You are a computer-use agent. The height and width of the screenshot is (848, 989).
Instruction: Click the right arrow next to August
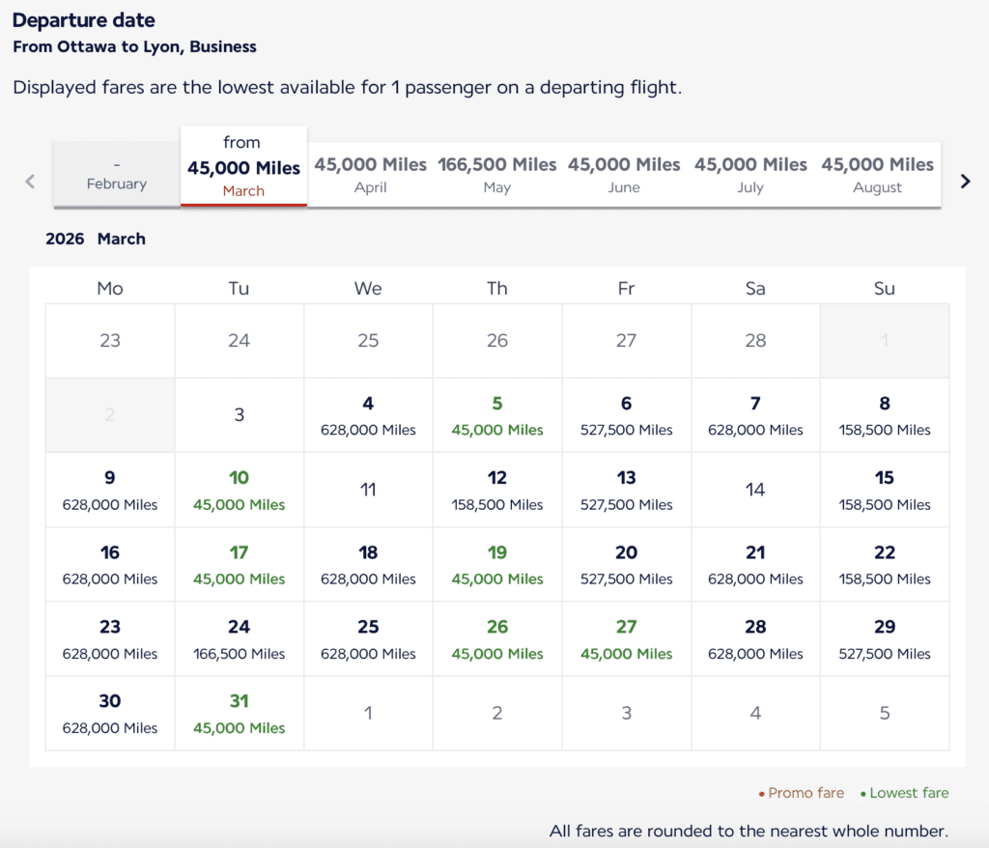click(965, 181)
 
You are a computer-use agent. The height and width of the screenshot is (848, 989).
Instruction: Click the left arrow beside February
click(30, 181)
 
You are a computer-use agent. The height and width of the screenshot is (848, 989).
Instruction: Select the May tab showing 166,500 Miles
click(497, 175)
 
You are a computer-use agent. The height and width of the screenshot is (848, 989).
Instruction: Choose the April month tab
click(371, 175)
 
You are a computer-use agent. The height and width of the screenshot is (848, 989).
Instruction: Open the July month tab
click(750, 175)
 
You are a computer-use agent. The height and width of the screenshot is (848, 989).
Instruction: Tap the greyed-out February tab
click(117, 175)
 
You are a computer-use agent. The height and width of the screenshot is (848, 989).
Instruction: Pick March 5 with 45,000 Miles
click(497, 415)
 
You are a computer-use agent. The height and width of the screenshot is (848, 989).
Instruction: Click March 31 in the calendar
click(240, 713)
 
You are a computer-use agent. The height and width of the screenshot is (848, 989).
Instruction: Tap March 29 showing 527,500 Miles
click(885, 638)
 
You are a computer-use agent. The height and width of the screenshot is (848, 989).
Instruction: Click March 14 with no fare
click(755, 490)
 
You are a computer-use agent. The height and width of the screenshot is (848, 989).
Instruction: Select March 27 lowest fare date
click(627, 638)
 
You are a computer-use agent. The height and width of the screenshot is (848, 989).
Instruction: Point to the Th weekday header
click(497, 288)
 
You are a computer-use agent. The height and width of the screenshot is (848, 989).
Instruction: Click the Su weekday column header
click(885, 288)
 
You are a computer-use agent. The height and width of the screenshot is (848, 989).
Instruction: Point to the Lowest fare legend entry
click(909, 793)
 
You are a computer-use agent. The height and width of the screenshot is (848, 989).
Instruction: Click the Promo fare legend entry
click(805, 793)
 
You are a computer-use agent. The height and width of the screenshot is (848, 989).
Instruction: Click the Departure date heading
click(84, 20)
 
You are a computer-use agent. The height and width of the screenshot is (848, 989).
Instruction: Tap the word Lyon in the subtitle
click(162, 46)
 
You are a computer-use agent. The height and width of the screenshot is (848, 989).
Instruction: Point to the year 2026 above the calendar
click(65, 239)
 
